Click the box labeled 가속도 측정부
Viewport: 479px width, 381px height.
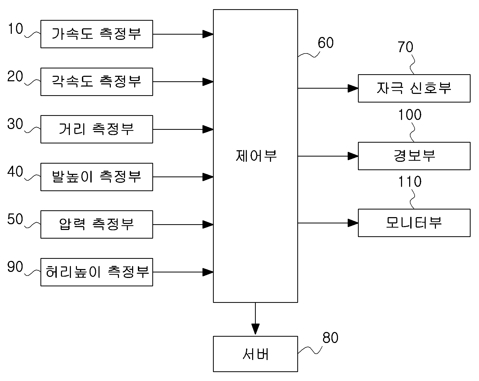[97, 34]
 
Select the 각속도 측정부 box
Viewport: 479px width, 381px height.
[97, 82]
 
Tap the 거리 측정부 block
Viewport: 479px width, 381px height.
[97, 129]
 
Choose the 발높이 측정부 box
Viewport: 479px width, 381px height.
[97, 177]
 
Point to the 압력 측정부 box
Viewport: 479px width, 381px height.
[97, 224]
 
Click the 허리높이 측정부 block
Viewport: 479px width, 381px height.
[97, 272]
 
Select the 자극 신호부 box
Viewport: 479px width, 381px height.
[414, 88]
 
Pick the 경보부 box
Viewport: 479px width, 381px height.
[414, 156]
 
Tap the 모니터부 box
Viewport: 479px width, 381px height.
[414, 223]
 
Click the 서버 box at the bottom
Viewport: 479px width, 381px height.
[255, 354]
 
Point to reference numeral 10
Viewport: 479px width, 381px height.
[15, 29]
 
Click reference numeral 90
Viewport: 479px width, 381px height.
[15, 267]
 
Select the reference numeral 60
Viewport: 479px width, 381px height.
[326, 43]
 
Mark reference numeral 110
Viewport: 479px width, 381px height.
[410, 181]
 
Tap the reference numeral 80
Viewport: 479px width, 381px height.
[330, 338]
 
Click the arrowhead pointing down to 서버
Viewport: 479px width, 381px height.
[255, 329]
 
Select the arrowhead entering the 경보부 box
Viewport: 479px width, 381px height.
[353, 156]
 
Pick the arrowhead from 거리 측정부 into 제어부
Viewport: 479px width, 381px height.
[208, 129]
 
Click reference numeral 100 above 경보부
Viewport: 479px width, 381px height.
[410, 115]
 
